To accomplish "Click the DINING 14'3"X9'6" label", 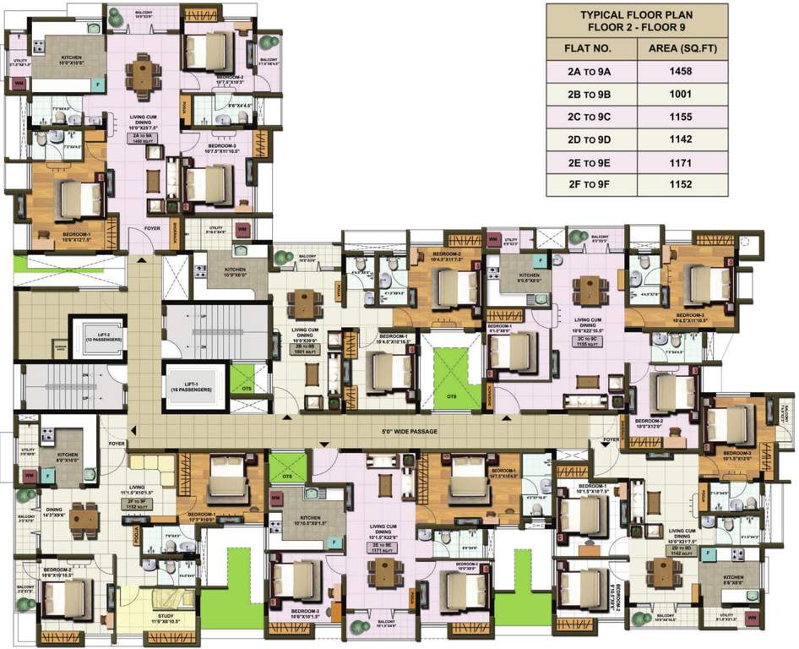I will coord(53,512).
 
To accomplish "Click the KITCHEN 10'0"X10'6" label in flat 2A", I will coord(70,59).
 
